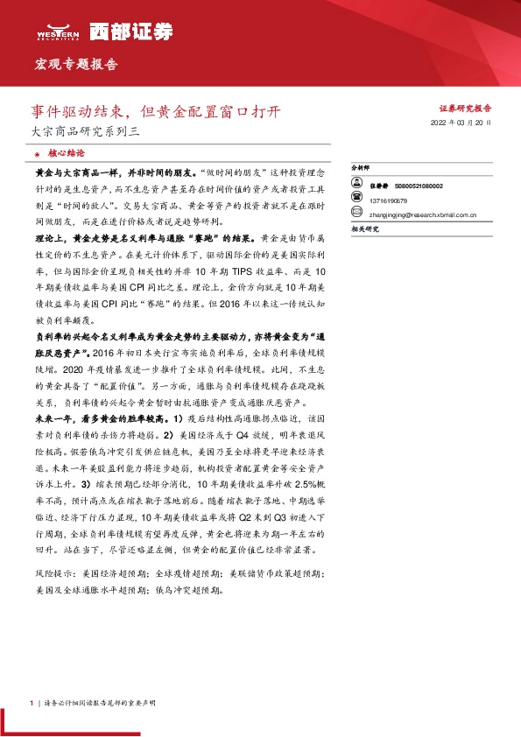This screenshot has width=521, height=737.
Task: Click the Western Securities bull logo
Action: coord(58,27)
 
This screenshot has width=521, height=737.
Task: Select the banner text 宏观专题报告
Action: coord(75,65)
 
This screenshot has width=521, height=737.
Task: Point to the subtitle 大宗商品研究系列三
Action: coord(80,132)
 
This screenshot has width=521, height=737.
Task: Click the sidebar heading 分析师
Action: coord(360,165)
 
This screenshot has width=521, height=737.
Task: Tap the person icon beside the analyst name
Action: coord(356,186)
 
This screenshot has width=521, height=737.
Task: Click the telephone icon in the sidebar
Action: coord(356,199)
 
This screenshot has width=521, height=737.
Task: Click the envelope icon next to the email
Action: coord(356,212)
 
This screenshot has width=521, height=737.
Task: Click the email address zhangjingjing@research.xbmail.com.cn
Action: coord(423,212)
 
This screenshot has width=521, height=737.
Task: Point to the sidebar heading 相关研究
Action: coord(364,228)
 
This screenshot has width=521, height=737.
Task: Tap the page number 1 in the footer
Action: coord(32,703)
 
